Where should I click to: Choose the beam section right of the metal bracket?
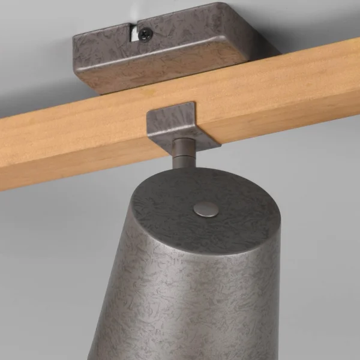(x=288, y=84)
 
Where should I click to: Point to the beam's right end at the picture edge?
(x=354, y=72)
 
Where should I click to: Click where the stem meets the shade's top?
(x=182, y=170)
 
